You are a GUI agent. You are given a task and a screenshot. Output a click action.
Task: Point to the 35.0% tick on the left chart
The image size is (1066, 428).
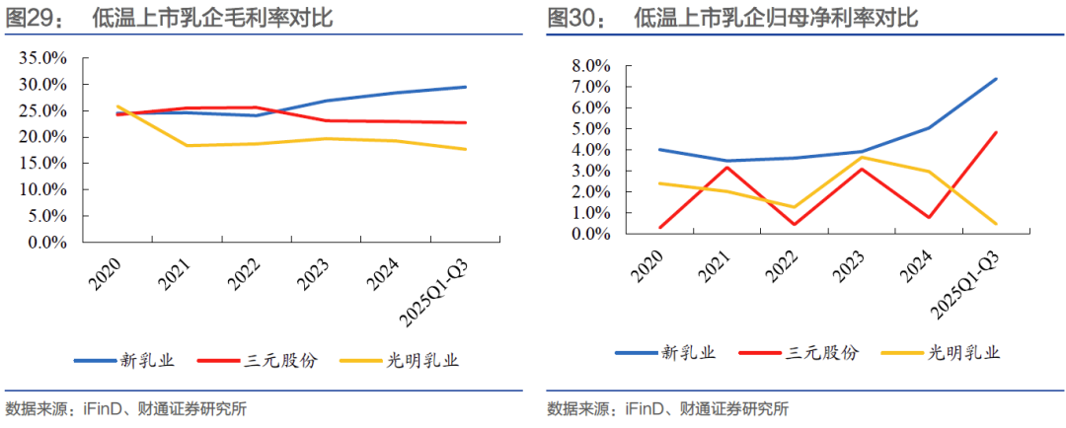pos(42,58)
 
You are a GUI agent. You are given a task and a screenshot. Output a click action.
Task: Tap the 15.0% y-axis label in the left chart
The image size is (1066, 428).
pos(42,163)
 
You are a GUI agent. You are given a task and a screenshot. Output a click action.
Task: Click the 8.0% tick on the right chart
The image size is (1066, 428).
pos(589,66)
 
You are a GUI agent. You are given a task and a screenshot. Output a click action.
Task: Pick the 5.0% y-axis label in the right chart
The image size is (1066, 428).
pos(589,129)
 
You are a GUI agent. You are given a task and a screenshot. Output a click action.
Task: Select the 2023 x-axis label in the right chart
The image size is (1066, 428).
pos(847,265)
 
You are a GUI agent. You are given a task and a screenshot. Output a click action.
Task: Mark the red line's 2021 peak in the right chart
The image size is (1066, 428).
pos(727,168)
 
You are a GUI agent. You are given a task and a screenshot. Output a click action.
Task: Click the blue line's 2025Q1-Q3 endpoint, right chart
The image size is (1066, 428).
pos(995,79)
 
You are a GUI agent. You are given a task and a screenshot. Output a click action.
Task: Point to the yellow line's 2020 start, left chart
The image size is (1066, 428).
pos(117,107)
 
